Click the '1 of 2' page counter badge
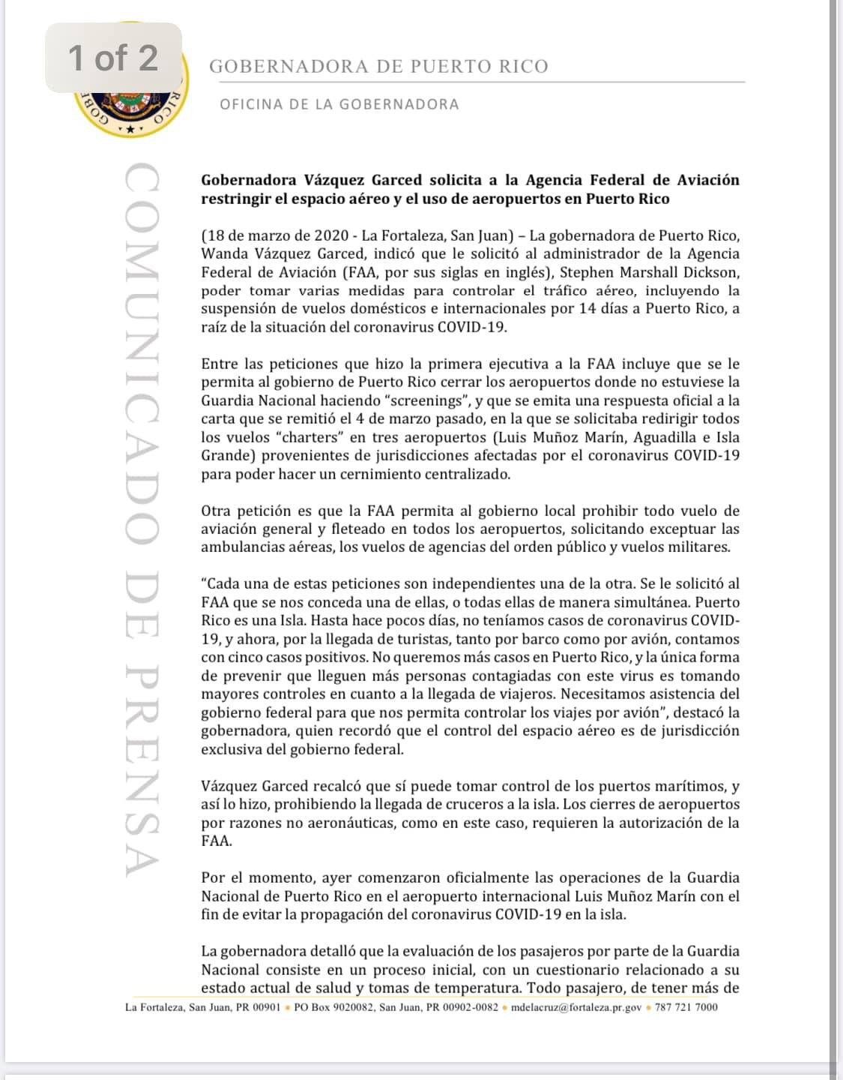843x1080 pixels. [x=113, y=58]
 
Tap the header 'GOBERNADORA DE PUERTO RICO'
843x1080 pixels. [x=378, y=67]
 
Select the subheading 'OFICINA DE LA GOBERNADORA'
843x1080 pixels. [x=339, y=104]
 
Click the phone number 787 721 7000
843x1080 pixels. [x=686, y=1007]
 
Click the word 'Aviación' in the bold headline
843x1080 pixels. [x=708, y=180]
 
